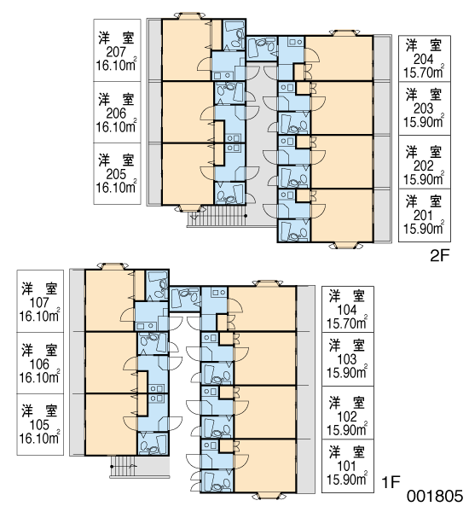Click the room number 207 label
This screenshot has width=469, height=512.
coord(116,52)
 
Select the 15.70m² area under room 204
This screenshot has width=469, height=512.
coord(424,73)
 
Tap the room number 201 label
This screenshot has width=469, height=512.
coord(423,216)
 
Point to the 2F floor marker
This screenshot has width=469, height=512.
coord(440,255)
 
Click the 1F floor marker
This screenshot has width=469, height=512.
coord(391,481)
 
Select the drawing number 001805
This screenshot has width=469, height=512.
coord(434,496)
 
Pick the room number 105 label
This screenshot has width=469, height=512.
coord(39,425)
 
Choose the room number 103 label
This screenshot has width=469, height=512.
coord(346,359)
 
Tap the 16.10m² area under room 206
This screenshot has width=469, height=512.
coord(116,126)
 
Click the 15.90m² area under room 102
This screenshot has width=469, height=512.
coord(347,430)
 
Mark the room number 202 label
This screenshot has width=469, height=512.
coord(423,166)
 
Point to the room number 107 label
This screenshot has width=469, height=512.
coord(39,303)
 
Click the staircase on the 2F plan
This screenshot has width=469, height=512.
coord(216,216)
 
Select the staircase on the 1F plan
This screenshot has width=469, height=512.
coord(123,467)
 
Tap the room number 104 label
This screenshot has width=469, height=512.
coord(346,310)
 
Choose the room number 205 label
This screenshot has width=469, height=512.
coord(116,174)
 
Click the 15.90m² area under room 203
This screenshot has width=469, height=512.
coord(424,121)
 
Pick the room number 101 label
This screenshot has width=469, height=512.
coord(346,466)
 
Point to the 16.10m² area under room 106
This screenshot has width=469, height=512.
coord(39,377)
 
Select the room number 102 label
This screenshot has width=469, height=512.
coord(346,416)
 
